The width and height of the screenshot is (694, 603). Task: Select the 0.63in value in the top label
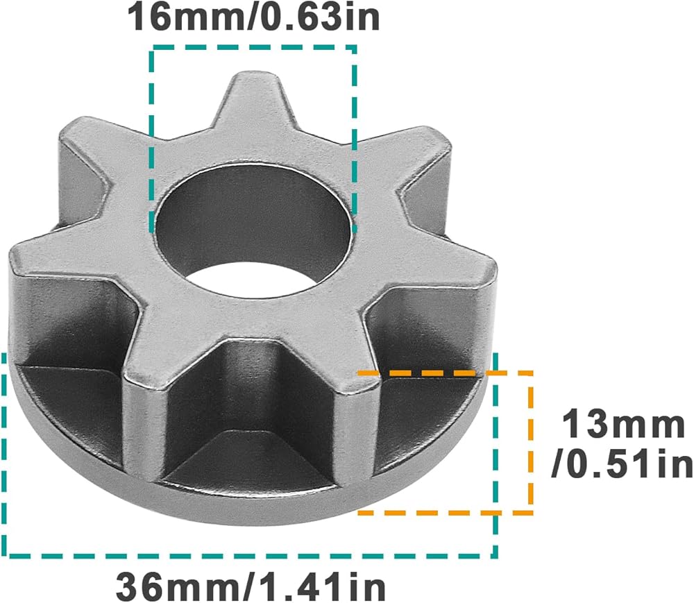[x=309, y=17]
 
